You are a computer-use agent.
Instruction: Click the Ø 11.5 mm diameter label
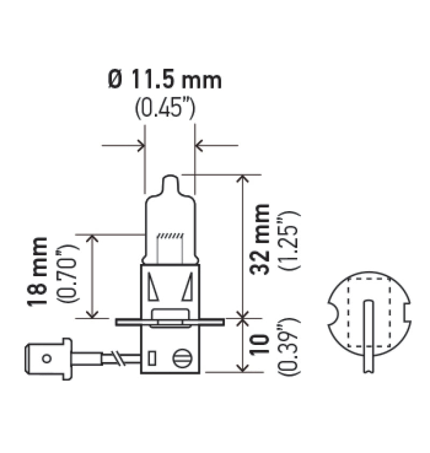(x=164, y=81)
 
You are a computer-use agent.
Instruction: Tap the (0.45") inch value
(x=164, y=109)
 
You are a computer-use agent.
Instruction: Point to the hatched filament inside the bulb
(x=170, y=236)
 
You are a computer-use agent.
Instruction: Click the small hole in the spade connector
(x=47, y=358)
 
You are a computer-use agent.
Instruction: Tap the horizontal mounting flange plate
(x=170, y=322)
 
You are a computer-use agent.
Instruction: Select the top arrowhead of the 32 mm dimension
(x=243, y=178)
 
